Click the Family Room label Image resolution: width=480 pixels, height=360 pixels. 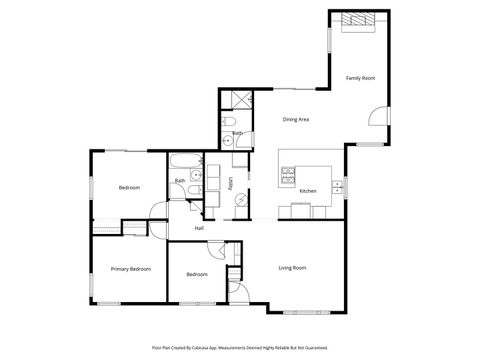[360, 78]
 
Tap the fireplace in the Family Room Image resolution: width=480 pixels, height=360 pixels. [357, 20]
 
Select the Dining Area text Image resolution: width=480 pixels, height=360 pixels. [294, 119]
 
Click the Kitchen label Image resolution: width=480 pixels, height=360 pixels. [308, 191]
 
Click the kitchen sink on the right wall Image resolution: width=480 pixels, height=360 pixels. [338, 185]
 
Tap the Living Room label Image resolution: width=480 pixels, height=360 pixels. [291, 268]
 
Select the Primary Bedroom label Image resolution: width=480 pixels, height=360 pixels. [131, 269]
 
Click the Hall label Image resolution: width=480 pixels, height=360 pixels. [199, 229]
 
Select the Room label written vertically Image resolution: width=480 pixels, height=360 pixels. [230, 183]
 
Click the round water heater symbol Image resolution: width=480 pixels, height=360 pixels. [240, 200]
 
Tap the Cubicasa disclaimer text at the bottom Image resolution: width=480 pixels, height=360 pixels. [240, 347]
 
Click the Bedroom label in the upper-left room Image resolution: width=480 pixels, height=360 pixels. [129, 188]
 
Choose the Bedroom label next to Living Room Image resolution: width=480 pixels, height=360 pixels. [196, 274]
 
